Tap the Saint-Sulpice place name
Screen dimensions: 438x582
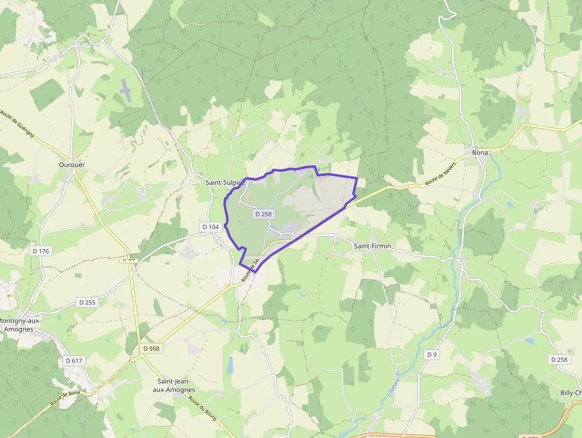point(225,182)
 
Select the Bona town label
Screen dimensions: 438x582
point(480,153)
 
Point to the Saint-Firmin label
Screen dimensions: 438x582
point(372,245)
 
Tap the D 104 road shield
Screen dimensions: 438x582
point(211,226)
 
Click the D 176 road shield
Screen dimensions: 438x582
point(41,251)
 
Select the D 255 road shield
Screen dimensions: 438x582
point(87,302)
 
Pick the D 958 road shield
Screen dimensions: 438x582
point(151,348)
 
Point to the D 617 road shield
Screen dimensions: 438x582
point(74,360)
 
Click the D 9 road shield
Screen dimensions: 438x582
point(432,355)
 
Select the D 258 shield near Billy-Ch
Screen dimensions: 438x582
point(559,360)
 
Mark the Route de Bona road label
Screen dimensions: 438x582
point(65,394)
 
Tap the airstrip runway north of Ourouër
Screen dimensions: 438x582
point(126,89)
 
